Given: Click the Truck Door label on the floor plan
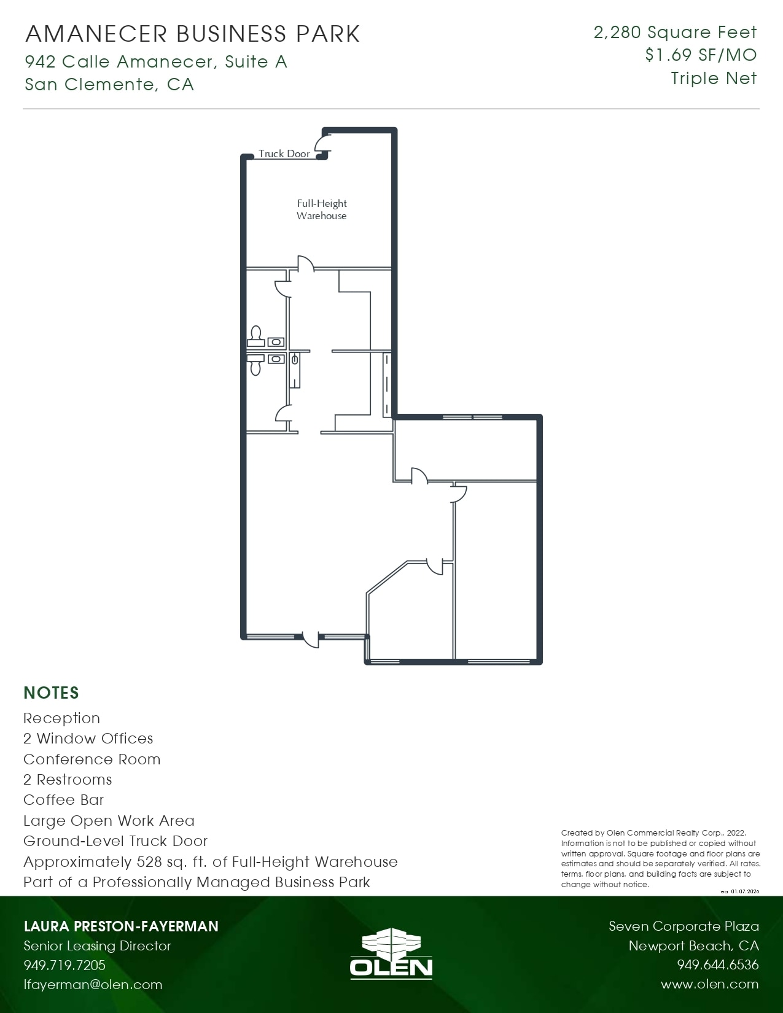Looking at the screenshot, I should point(284,153).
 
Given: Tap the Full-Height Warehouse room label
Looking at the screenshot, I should point(322,209).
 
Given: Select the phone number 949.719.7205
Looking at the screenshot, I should point(64,965).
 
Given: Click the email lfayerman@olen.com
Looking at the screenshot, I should point(93,985).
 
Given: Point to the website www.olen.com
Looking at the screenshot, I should point(709,984).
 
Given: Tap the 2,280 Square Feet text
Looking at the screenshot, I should point(675,33).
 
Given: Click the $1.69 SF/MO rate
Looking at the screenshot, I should point(701,55).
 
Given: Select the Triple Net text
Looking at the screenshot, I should point(714,79).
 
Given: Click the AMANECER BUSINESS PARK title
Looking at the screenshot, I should point(193,34).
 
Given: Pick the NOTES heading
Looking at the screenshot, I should point(52,693).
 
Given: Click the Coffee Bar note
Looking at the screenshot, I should point(64,800).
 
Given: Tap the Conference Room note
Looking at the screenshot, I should point(92,759).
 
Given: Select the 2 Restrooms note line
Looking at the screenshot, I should point(68,780).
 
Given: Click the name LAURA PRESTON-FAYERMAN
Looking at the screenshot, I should point(121,926).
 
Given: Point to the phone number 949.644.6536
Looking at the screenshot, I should point(717,965).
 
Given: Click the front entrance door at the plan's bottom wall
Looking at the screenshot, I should point(311,638).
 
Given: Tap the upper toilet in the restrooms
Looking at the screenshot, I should point(255,335).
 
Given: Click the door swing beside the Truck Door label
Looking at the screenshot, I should point(322,144).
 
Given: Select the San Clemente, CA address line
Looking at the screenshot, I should point(109,85).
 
